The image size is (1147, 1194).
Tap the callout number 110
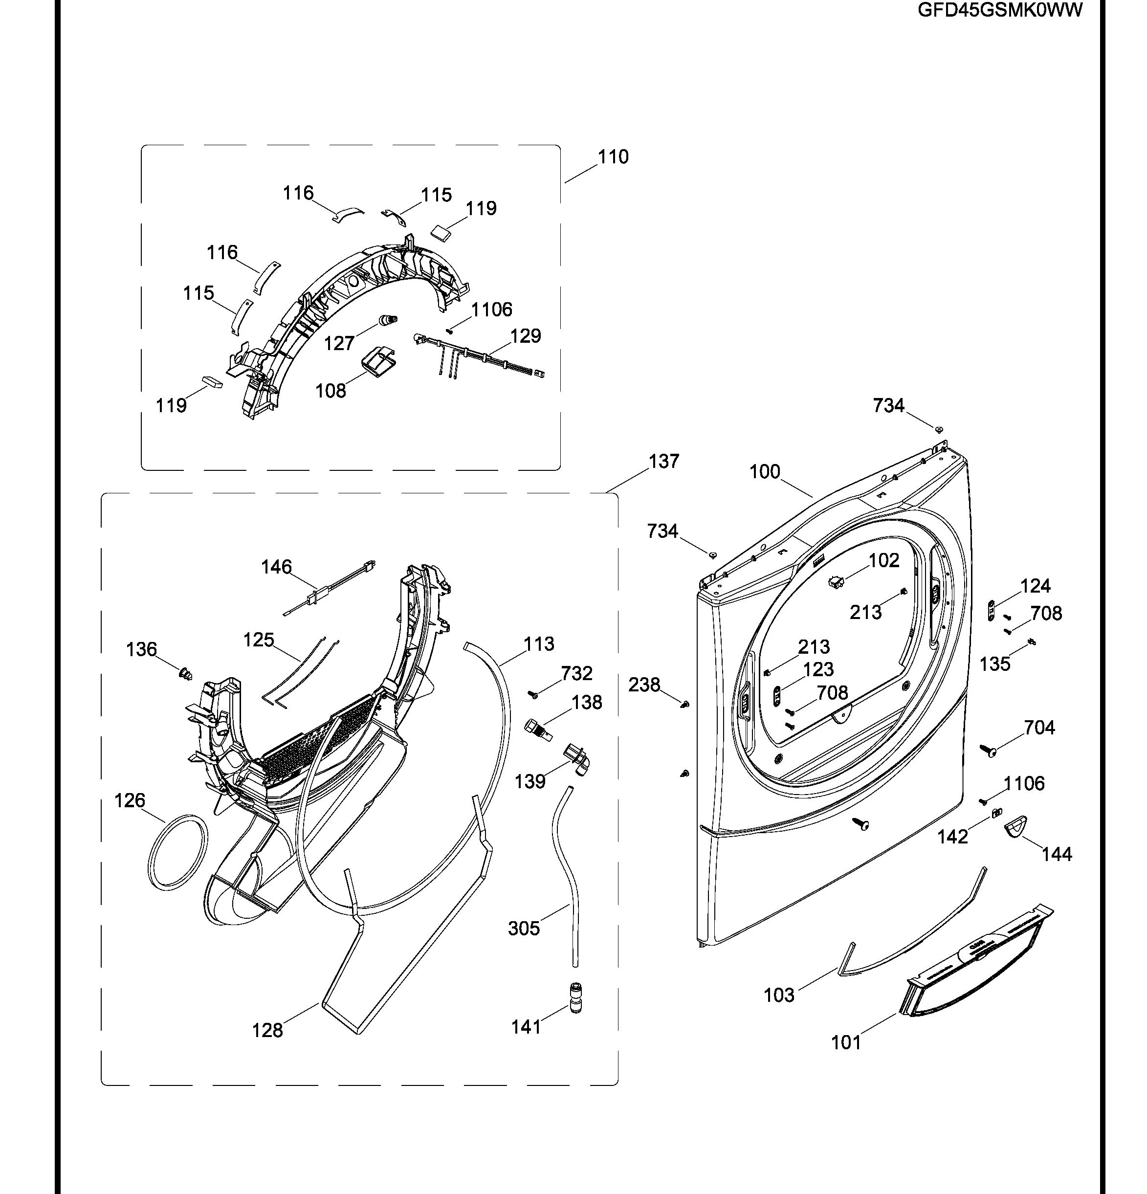pyautogui.click(x=613, y=157)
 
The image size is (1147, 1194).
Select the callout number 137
pyautogui.click(x=663, y=462)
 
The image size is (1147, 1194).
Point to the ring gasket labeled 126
pyautogui.click(x=177, y=852)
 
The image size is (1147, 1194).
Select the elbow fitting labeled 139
pyautogui.click(x=579, y=760)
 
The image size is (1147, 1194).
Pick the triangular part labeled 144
pyautogui.click(x=1015, y=827)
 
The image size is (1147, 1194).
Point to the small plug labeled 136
pyautogui.click(x=185, y=674)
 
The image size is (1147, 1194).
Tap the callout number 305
pyautogui.click(x=524, y=929)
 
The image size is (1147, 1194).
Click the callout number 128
pyautogui.click(x=267, y=1031)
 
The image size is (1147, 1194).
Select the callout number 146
pyautogui.click(x=277, y=567)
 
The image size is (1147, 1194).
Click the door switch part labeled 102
pyautogui.click(x=835, y=582)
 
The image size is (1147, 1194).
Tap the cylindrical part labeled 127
pyautogui.click(x=388, y=319)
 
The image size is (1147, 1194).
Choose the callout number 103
pyautogui.click(x=779, y=995)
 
